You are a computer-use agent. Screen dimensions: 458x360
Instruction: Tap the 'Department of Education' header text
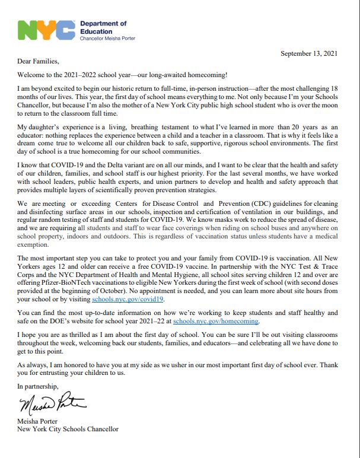[103, 27]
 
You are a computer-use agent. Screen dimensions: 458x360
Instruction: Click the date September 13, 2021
[308, 54]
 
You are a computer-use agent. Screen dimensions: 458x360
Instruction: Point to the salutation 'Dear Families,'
[39, 61]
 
